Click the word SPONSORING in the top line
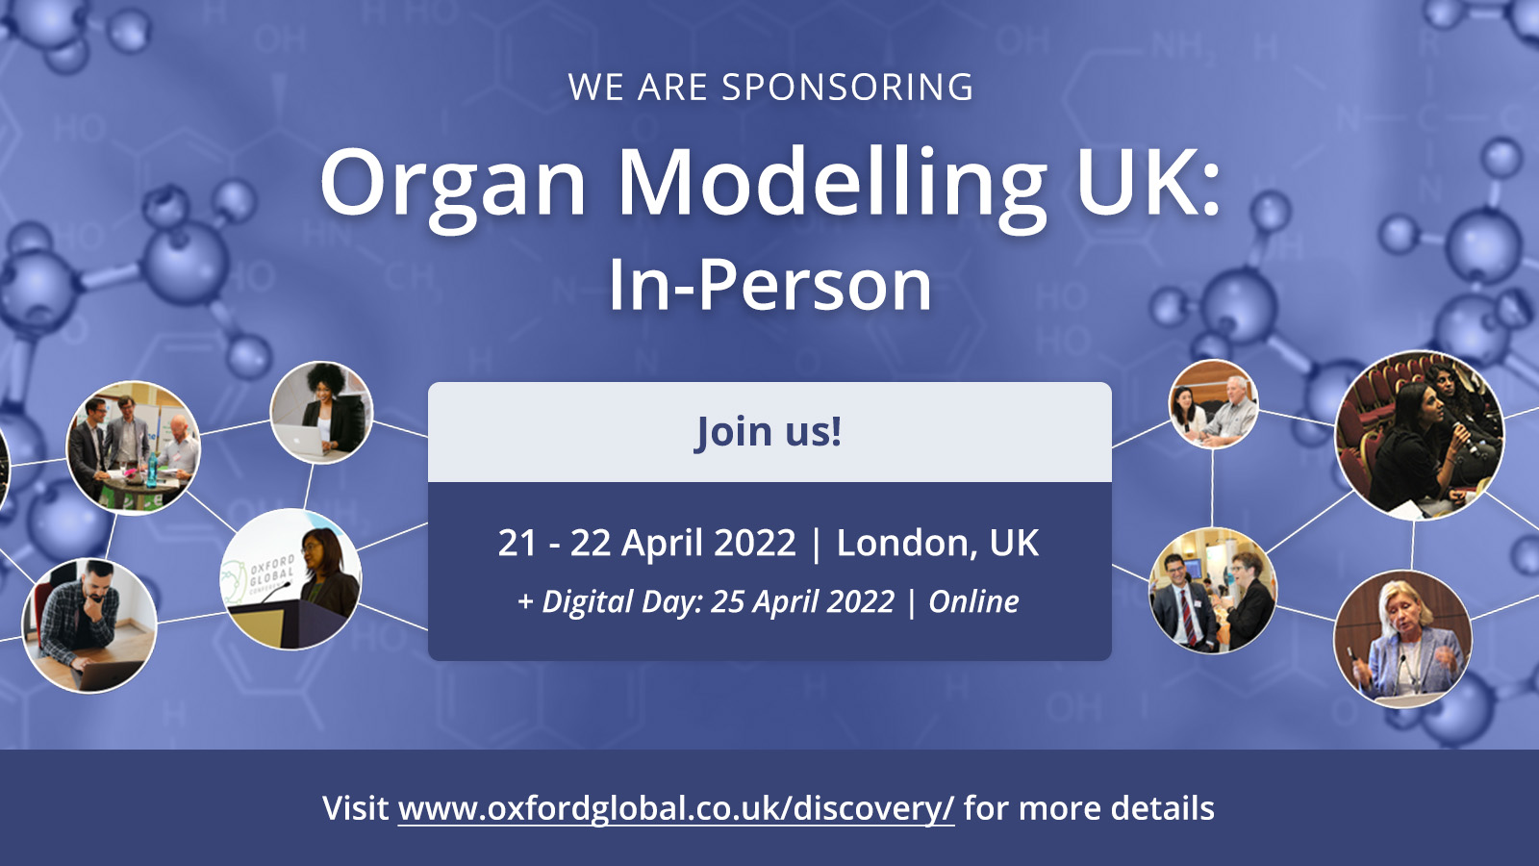[847, 88]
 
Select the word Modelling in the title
[832, 187]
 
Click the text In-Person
[769, 285]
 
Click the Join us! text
[769, 432]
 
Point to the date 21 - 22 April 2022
[646, 543]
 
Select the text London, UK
[937, 543]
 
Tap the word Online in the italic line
[973, 601]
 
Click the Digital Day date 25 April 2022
[802, 601]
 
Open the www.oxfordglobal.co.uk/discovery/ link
[676, 808]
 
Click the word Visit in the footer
[355, 807]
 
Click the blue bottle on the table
[151, 470]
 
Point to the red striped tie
[1187, 615]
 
